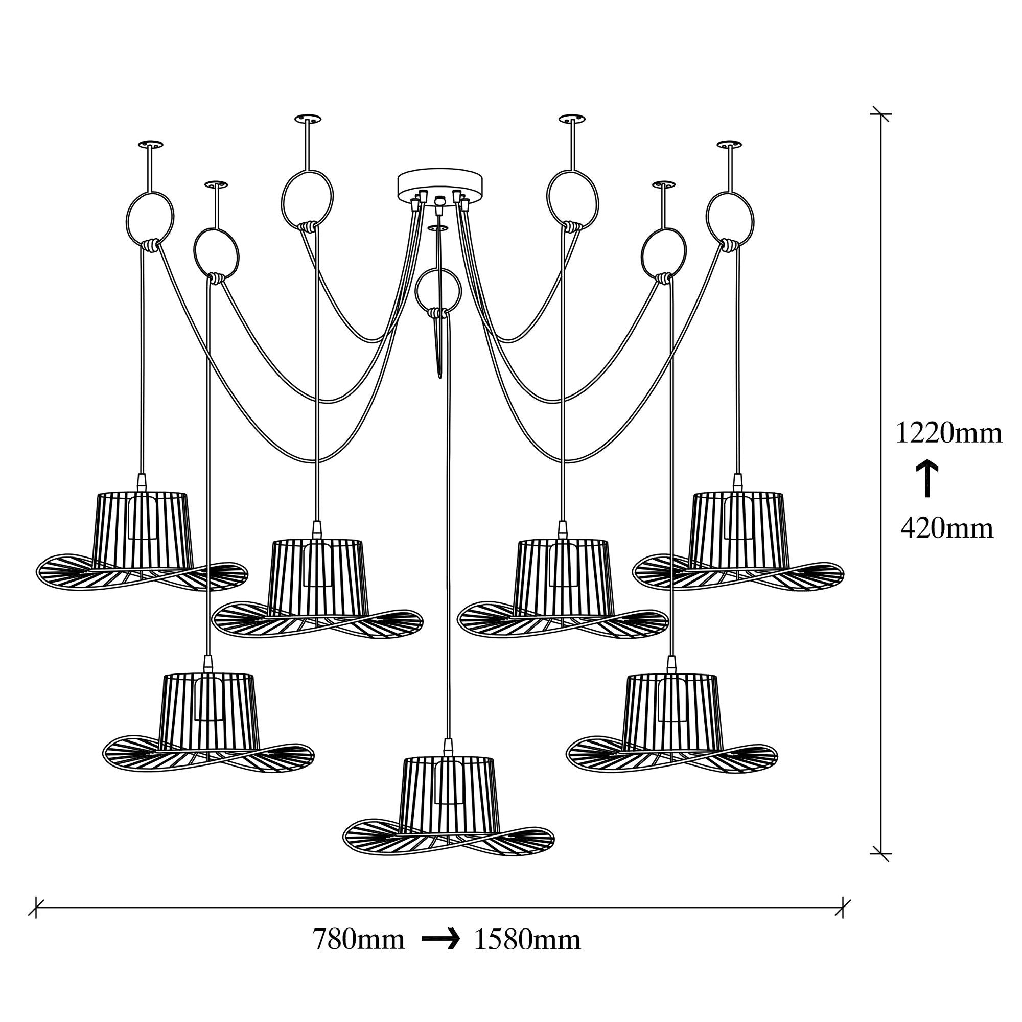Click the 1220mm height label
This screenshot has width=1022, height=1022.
pos(948,433)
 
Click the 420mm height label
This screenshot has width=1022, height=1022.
pos(947,528)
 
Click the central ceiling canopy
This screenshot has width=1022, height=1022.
pos(440,182)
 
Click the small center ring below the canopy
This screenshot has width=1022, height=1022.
pos(438,290)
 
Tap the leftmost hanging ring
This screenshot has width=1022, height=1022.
pos(150,218)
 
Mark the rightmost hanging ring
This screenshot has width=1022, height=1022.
pos(730,218)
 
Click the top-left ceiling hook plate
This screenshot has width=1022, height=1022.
pos(150,144)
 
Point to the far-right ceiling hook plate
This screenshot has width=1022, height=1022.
pos(729,144)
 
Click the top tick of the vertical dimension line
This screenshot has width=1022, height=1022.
pos(881,114)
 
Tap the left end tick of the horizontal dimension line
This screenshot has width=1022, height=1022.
pos(36,908)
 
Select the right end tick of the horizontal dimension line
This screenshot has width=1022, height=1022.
pos(843,908)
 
